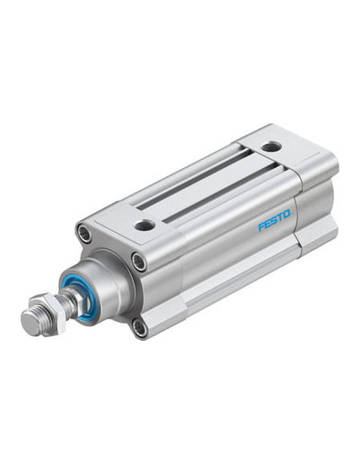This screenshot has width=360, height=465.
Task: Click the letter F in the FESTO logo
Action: [x=262, y=227]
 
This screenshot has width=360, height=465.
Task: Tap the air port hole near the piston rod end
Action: [x=144, y=225]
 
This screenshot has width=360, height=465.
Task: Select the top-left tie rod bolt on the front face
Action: [x=84, y=233]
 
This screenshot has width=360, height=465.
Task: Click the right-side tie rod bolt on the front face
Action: [x=139, y=261]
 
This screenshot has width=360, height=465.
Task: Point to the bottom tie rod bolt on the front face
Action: [x=139, y=328]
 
